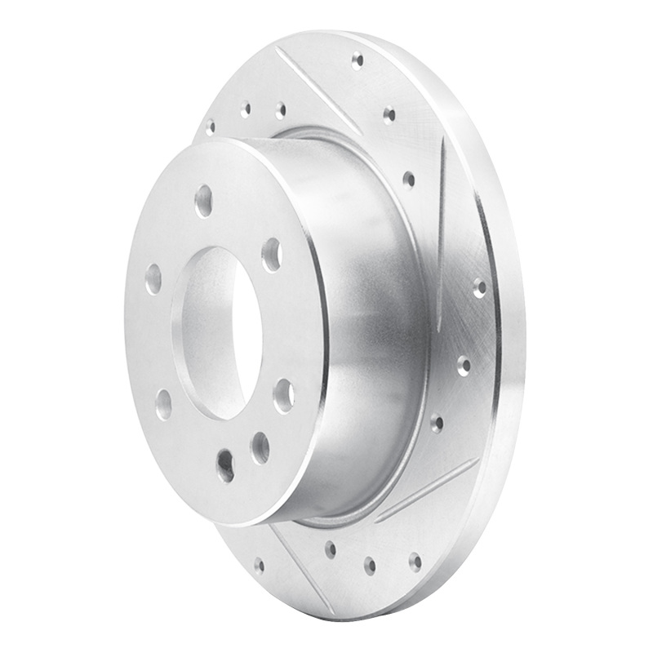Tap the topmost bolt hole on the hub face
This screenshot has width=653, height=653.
click(204, 199)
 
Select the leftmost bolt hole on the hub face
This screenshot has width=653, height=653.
click(153, 278)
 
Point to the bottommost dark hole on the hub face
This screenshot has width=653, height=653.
click(225, 465)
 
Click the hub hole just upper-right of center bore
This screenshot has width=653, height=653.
click(272, 254)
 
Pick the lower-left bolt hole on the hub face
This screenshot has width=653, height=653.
click(164, 403)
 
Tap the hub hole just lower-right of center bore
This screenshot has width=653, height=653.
click(283, 395)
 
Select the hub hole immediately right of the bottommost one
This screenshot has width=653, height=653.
click(260, 446)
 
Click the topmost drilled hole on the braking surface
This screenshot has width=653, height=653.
click(357, 60)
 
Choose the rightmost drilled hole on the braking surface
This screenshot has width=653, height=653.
click(479, 287)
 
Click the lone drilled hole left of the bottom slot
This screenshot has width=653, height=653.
click(259, 563)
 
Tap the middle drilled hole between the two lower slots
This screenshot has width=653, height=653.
click(370, 564)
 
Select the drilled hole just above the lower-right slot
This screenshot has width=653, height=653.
click(437, 423)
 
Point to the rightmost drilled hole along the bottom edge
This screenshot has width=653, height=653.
click(415, 561)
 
